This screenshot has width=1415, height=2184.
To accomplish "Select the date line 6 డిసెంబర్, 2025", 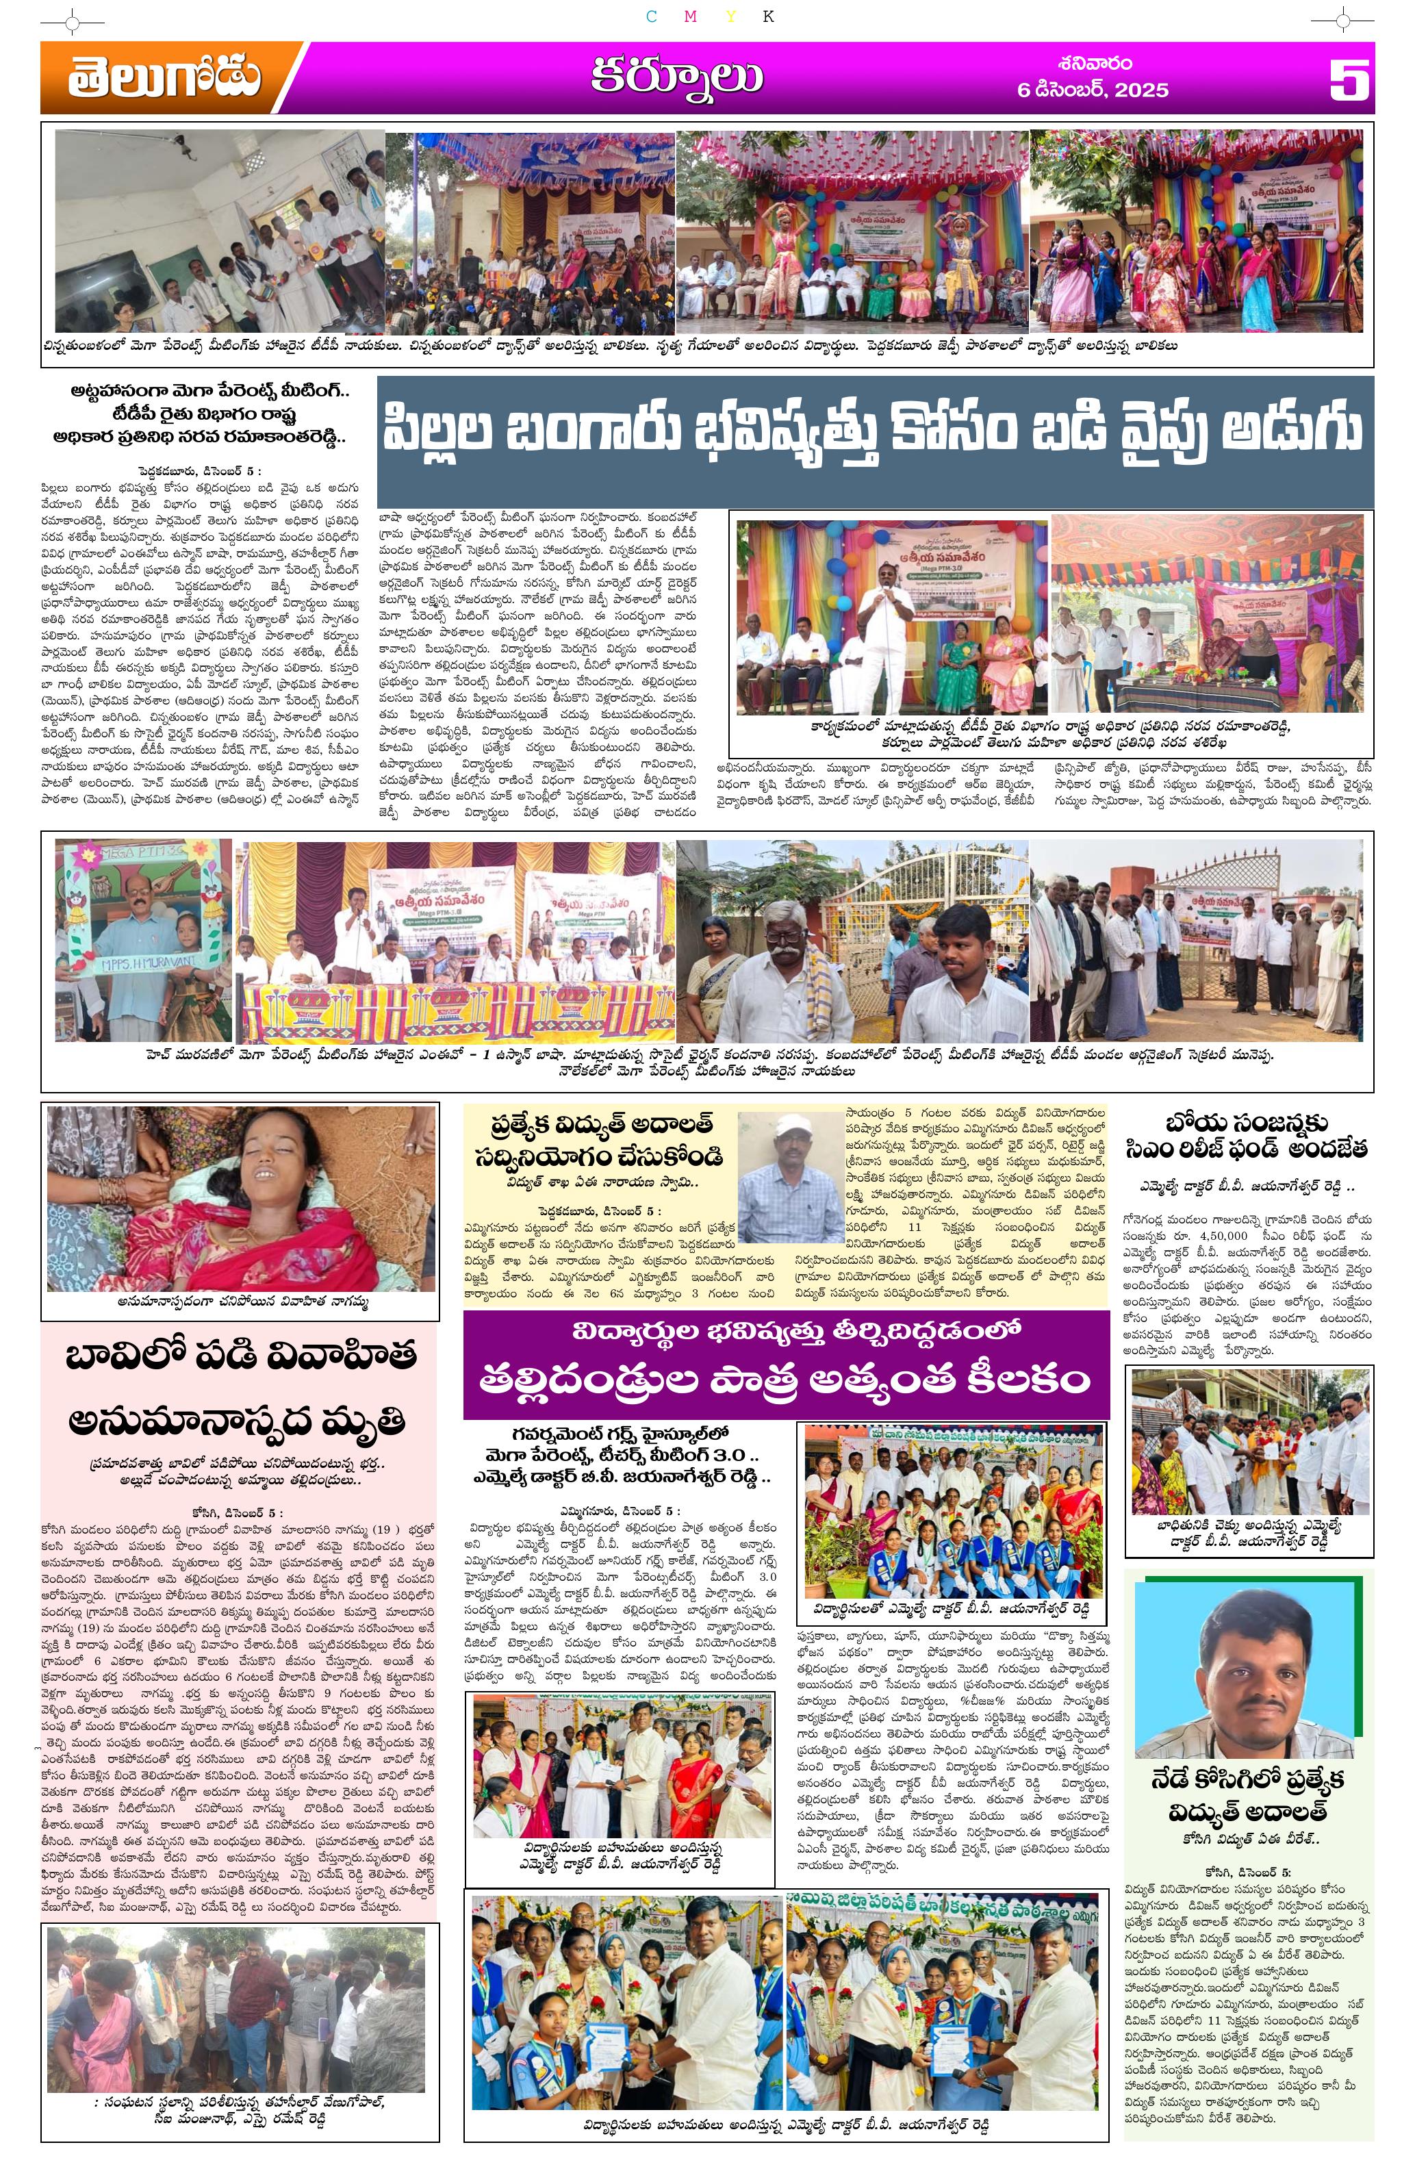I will tap(1093, 90).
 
